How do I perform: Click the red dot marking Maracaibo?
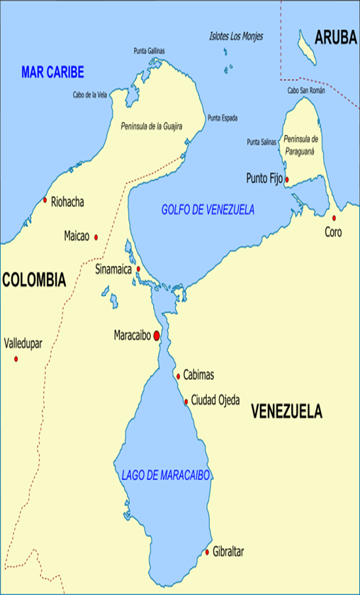pos(156,335)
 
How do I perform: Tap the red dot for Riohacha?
pos(45,201)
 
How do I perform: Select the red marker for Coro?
pos(333,218)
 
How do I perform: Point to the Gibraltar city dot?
pos(207,552)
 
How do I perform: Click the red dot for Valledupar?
pos(16,359)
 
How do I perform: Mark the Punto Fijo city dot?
pos(287,179)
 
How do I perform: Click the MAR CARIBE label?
pos(52,72)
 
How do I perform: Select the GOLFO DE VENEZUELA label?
pos(208,210)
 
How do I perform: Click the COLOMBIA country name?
pos(33,280)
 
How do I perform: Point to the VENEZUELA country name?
pos(286,411)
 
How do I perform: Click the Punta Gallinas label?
pos(152,50)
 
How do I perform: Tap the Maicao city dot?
pos(96,237)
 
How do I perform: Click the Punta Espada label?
pos(222,118)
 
